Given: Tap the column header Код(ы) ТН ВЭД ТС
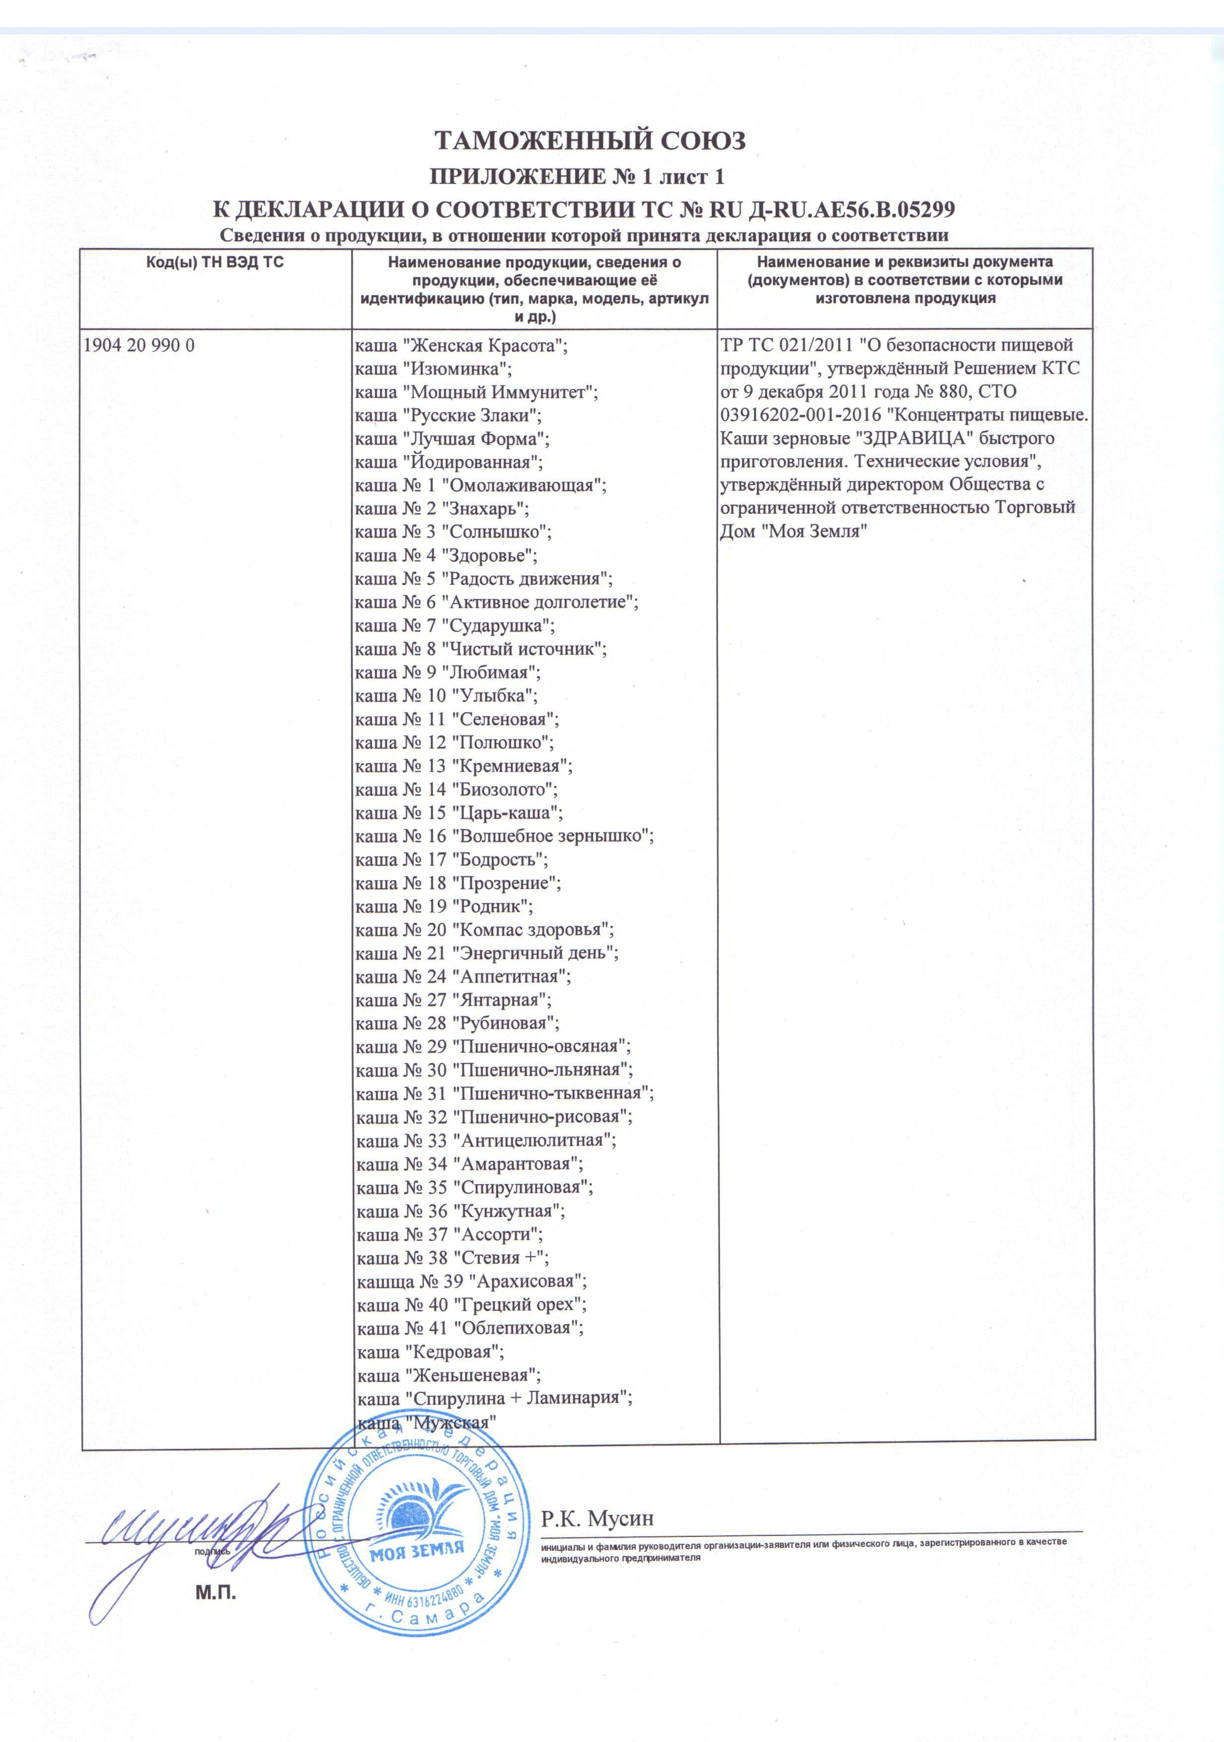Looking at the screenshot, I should (x=216, y=263).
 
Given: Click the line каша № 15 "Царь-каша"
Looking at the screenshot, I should (x=459, y=813).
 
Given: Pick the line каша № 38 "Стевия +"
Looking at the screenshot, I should (x=452, y=1258).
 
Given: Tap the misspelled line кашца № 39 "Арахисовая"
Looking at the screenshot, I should (x=471, y=1282).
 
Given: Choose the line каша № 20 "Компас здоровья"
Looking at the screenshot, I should (x=484, y=930).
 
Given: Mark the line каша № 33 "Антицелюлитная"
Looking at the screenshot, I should (x=486, y=1140).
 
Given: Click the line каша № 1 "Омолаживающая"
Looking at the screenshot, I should (x=481, y=486).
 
